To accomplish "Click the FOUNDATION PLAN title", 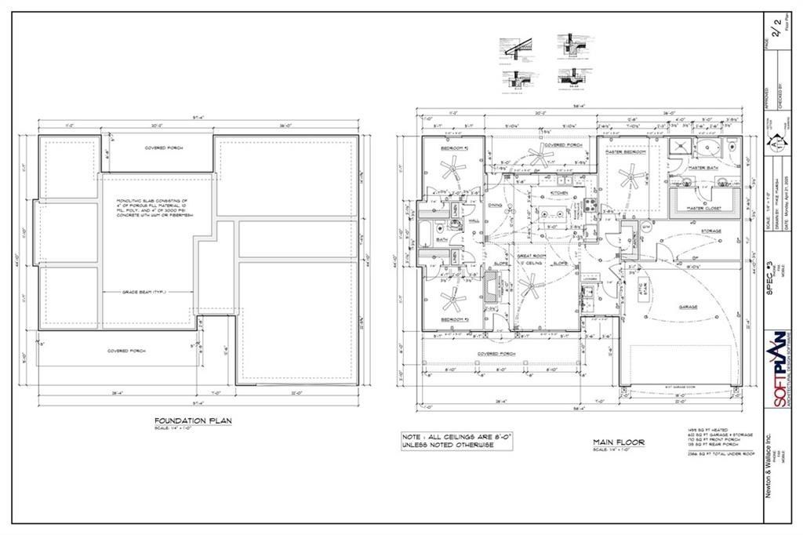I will (192, 421).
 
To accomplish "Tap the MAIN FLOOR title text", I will (618, 442).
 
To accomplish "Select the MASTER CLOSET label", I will (702, 208).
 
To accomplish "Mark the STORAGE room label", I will (710, 231).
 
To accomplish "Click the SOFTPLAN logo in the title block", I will (778, 369).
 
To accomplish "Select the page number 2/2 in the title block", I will (776, 32).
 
